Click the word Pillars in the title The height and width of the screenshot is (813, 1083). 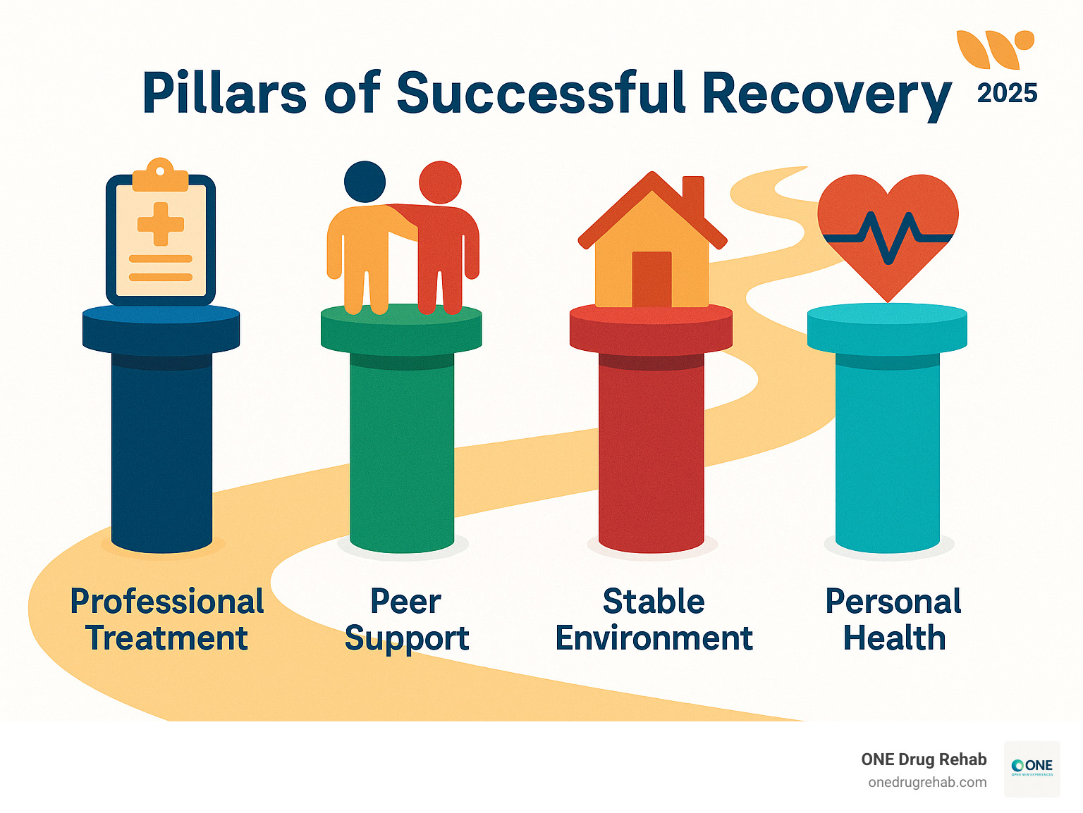(224, 93)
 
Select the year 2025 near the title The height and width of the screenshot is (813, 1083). (1007, 94)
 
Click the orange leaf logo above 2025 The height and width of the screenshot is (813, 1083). (994, 49)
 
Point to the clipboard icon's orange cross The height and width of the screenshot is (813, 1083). (161, 224)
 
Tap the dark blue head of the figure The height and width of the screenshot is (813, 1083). (365, 182)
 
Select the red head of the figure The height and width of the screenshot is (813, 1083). (440, 182)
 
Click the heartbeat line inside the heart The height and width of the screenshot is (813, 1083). (888, 237)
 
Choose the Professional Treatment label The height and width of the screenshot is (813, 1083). (167, 620)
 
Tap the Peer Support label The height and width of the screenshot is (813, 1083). (406, 620)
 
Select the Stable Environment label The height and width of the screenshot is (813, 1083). (654, 620)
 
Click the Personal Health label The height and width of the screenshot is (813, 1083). (893, 620)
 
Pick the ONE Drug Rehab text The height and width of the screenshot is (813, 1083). (924, 759)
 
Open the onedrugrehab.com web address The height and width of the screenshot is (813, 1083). (927, 783)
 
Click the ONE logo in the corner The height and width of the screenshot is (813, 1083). (1032, 768)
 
